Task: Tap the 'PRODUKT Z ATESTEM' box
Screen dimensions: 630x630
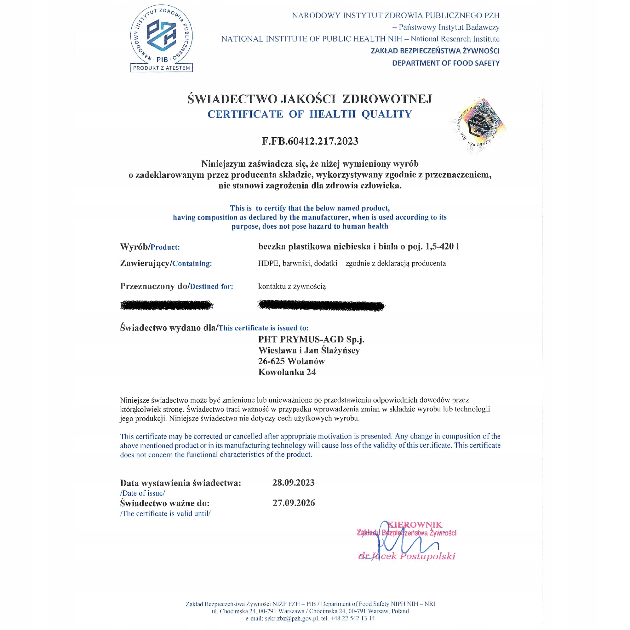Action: point(161,68)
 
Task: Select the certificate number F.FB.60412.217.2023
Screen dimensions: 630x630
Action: point(310,141)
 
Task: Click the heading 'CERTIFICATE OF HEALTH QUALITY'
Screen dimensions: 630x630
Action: point(310,114)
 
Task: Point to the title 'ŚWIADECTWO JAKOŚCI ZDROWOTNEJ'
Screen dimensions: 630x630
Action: point(310,99)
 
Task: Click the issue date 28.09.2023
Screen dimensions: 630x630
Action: point(294,483)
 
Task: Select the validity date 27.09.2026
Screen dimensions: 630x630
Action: point(294,503)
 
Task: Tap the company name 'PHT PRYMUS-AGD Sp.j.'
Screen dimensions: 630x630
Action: point(311,340)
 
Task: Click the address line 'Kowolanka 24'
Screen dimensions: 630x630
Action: point(287,372)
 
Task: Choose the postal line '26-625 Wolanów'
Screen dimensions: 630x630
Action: point(291,361)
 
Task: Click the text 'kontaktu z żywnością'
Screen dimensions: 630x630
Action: point(292,286)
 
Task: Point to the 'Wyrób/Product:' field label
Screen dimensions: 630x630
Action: point(150,247)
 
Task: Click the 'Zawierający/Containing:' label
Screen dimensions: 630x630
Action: point(166,263)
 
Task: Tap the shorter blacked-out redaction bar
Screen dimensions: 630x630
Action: point(167,305)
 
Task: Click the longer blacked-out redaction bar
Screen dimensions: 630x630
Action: point(322,305)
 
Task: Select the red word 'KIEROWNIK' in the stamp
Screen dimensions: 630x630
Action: point(415,525)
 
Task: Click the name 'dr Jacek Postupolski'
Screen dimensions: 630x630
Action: point(407,556)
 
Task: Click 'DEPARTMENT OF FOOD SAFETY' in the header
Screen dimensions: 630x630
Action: point(445,63)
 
